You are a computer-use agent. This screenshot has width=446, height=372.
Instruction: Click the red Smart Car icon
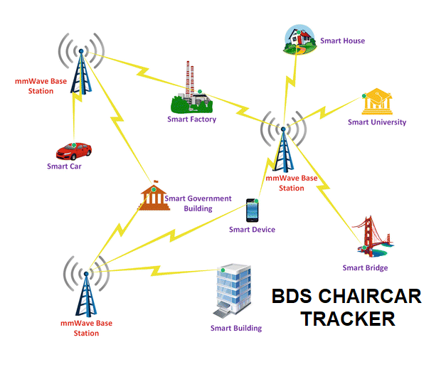click(74, 150)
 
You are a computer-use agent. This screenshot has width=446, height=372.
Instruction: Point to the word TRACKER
click(347, 319)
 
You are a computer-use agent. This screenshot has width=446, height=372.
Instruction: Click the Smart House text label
click(342, 41)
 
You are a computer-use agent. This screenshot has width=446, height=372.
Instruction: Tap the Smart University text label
click(377, 122)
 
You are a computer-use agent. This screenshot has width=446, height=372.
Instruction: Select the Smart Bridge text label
click(365, 267)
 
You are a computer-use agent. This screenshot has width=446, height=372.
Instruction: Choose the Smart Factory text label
click(191, 119)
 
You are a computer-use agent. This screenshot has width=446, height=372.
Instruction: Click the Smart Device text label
click(252, 230)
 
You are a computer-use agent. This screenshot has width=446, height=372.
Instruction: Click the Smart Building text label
click(235, 328)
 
